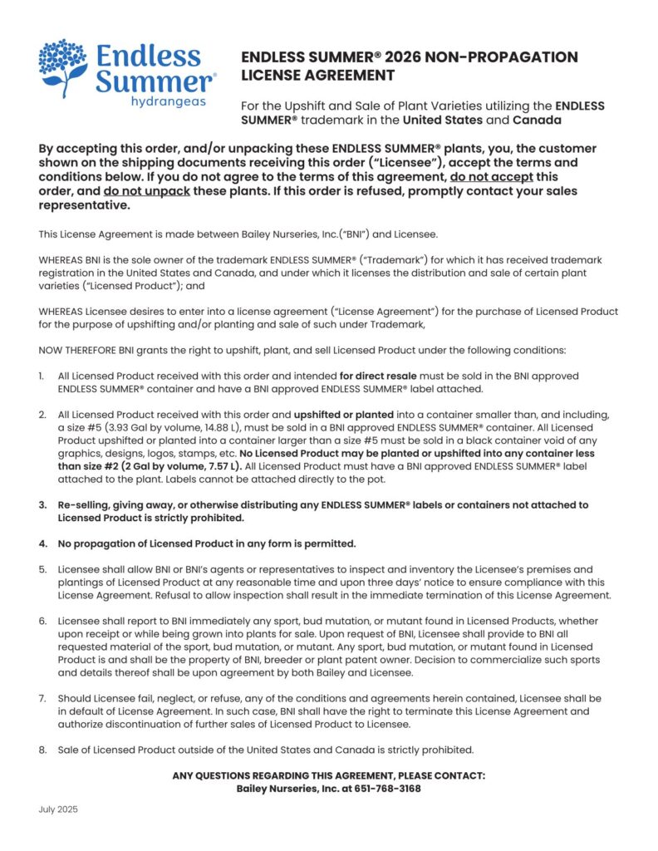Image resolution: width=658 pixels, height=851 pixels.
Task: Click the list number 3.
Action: coord(42,504)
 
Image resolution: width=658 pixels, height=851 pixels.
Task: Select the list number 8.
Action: coord(42,749)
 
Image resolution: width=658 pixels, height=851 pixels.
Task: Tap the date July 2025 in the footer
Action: coord(58,809)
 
